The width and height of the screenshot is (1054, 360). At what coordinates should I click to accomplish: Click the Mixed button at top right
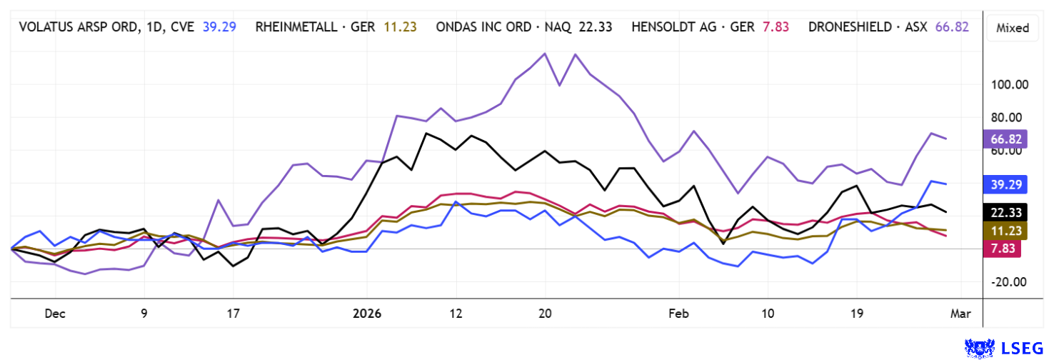point(1013,28)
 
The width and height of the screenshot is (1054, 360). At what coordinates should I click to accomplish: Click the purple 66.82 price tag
point(1004,139)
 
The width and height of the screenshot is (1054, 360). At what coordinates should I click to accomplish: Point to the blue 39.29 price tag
point(1004,184)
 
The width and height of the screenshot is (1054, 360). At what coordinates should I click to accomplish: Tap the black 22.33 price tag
point(1004,212)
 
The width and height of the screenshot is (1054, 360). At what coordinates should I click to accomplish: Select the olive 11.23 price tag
point(1004,230)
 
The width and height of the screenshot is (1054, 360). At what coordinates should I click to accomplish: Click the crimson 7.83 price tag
point(1001,247)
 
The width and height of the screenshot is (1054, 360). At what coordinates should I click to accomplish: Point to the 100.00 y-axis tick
point(1008,84)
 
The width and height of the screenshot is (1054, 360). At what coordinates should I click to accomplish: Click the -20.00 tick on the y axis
point(1008,281)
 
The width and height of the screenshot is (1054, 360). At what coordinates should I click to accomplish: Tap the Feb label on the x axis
point(679,313)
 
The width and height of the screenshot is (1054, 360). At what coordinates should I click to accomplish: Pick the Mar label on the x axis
point(961,313)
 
